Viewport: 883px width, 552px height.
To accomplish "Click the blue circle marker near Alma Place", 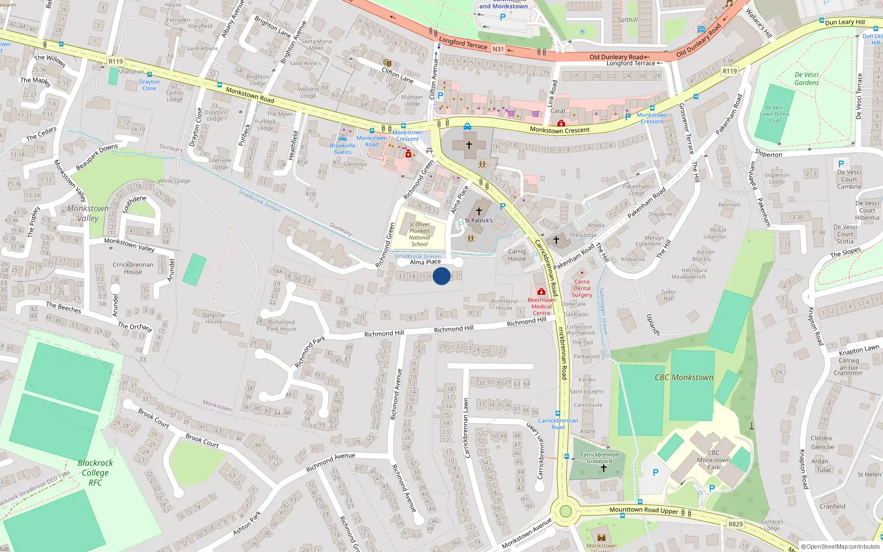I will [441, 276].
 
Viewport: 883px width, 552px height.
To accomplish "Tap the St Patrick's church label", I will [478, 220].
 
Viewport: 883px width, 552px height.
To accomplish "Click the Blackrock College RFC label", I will [95, 473].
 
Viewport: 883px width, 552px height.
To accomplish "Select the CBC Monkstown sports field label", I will [684, 378].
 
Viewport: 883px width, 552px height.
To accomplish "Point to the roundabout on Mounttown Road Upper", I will [566, 511].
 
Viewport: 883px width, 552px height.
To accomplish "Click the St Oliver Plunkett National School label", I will [419, 235].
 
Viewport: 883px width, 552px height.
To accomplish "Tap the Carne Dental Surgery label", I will [582, 288].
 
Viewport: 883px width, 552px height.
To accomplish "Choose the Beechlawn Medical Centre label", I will [541, 306].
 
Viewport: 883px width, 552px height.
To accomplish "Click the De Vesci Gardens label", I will [806, 78].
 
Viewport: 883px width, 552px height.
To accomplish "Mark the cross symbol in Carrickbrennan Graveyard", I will [603, 468].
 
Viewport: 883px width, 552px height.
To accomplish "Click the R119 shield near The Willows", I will [116, 61].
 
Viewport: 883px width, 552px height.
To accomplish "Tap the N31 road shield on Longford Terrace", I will [498, 49].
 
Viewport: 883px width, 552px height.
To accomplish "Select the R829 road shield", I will [735, 524].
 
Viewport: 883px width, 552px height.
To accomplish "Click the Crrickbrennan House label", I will [133, 268].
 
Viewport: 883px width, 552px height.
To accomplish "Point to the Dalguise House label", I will [214, 319].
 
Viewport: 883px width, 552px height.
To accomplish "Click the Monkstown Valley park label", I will [88, 213].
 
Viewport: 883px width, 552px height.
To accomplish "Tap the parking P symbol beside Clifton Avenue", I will [440, 95].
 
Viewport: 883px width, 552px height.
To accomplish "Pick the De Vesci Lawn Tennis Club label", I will [774, 114].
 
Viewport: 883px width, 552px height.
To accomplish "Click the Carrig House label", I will [517, 255].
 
